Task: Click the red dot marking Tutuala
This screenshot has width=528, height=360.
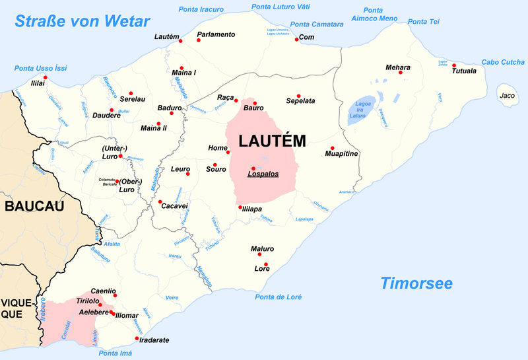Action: pos(455,65)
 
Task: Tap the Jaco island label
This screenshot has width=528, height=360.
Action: pos(507,96)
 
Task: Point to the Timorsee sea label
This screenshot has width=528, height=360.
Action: pos(416,283)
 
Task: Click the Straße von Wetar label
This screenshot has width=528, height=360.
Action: pos(82,21)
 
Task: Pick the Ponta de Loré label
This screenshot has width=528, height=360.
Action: pos(279,297)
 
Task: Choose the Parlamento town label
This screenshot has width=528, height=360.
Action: pos(216,34)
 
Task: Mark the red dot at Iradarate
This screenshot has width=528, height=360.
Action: pos(137,339)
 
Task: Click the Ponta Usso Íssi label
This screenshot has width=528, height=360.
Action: pos(41,68)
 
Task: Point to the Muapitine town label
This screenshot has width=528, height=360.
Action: pos(341,154)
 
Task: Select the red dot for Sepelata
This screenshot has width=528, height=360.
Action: pos(298,95)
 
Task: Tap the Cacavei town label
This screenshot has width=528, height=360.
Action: pos(174,205)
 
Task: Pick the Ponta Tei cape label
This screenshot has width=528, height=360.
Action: pos(424,22)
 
